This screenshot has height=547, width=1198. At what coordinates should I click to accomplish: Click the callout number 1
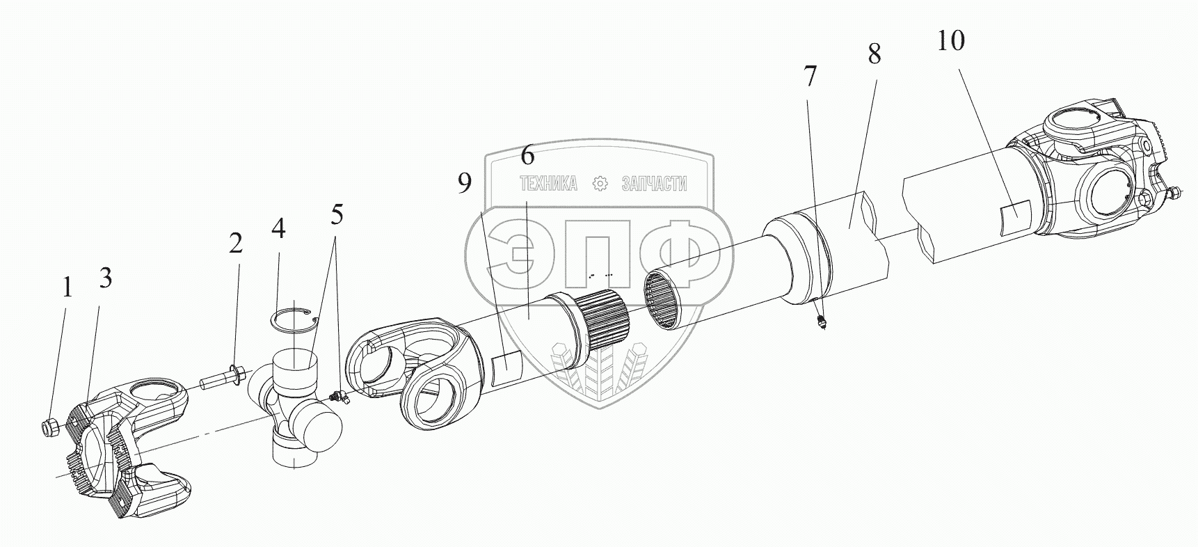pyautogui.click(x=67, y=288)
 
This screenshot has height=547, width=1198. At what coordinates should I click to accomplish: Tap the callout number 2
pyautogui.click(x=236, y=244)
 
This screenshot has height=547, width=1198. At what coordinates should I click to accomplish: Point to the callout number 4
pyautogui.click(x=278, y=228)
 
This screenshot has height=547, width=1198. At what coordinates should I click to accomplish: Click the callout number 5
pyautogui.click(x=337, y=215)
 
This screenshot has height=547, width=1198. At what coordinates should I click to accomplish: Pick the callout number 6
pyautogui.click(x=528, y=155)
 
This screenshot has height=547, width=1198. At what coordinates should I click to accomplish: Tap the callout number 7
pyautogui.click(x=808, y=77)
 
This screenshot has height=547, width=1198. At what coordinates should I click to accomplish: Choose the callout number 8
pyautogui.click(x=874, y=54)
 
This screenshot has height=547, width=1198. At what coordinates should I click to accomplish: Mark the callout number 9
pyautogui.click(x=465, y=183)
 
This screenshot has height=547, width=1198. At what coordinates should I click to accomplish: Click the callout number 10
pyautogui.click(x=950, y=41)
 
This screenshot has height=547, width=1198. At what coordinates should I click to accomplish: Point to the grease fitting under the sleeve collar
pyautogui.click(x=821, y=322)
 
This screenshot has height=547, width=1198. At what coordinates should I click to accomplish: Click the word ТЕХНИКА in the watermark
pyautogui.click(x=548, y=184)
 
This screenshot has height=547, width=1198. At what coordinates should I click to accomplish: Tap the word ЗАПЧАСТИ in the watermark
pyautogui.click(x=653, y=184)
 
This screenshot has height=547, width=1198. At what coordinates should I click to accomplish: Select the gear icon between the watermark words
pyautogui.click(x=599, y=184)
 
